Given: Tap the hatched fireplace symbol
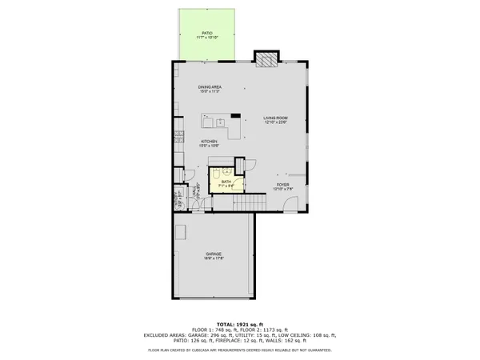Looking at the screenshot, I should [x=266, y=59].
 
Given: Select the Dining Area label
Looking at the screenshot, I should [x=210, y=89].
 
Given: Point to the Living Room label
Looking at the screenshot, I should [x=276, y=121].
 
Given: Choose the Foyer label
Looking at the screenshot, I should [x=282, y=186].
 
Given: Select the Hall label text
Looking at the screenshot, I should [x=194, y=194].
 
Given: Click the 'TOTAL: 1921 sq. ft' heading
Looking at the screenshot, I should [x=240, y=324].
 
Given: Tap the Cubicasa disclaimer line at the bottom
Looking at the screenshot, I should [x=240, y=350].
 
